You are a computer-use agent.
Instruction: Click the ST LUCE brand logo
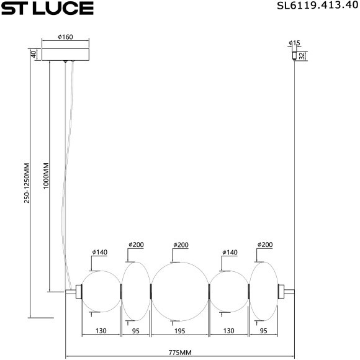tap(48, 9)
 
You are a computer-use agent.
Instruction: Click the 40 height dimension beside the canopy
tap(32, 53)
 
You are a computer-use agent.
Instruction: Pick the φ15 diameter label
tap(294, 43)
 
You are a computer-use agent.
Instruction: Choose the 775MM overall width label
tap(179, 353)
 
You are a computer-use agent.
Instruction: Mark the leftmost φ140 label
tap(99, 252)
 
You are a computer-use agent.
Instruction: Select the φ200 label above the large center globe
tap(181, 245)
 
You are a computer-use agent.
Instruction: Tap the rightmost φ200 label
tap(265, 245)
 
